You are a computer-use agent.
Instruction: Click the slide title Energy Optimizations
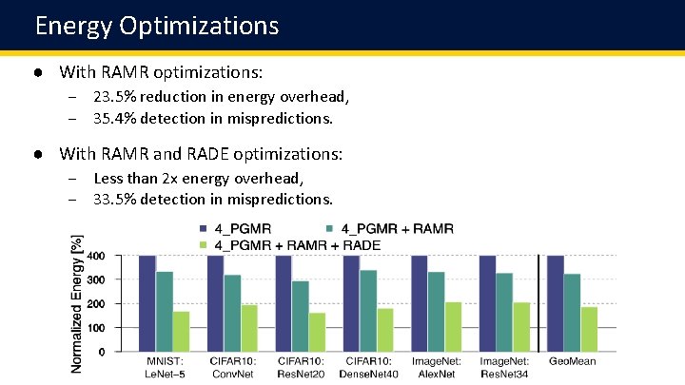157,25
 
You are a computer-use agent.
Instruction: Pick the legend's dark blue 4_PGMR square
203,229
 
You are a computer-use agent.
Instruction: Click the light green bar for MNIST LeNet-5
182,331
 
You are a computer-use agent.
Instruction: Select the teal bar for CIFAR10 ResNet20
301,316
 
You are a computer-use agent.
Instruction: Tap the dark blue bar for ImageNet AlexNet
420,304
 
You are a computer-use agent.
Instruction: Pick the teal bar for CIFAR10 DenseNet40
369,311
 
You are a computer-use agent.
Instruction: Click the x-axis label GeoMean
574,361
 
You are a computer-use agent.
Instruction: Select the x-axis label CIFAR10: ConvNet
232,367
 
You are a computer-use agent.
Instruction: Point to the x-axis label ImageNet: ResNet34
505,367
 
